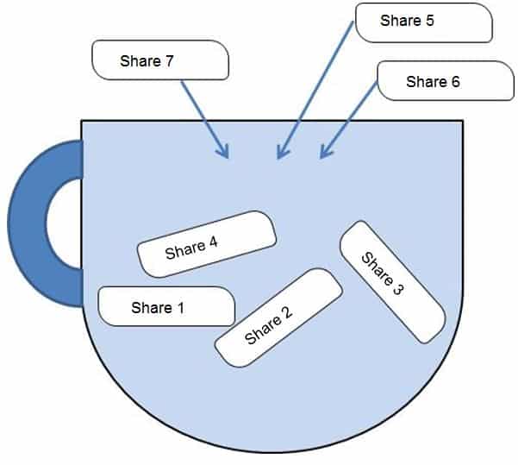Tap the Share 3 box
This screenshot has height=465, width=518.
392,281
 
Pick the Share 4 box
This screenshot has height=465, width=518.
207,244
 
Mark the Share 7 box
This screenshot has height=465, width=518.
159,61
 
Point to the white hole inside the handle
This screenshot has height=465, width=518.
63,223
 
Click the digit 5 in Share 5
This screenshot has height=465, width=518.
429,22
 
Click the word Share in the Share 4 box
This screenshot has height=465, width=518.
184,249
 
